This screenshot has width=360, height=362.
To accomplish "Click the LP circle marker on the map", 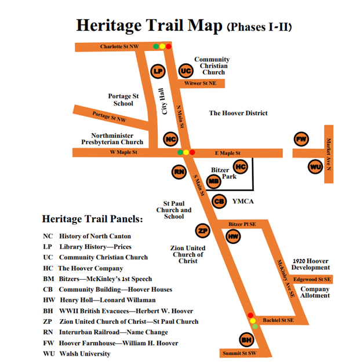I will pos(158,71).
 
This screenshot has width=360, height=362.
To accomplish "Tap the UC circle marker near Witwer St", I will pos(186,71).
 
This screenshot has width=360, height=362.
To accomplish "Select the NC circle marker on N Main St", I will pos(170,139).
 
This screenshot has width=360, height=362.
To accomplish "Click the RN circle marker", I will pos(179,171).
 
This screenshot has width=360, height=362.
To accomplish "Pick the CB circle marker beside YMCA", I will pos(219,202).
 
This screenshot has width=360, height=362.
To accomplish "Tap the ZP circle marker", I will pos(202,231).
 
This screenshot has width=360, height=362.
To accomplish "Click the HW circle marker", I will pos(232,236).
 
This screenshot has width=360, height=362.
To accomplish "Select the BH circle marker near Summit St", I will pos(246,340).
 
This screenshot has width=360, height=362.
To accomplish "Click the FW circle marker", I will pos(301,139).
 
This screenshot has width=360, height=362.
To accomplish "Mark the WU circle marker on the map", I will pos(315,167).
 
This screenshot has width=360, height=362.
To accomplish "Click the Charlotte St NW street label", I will pos(119,46).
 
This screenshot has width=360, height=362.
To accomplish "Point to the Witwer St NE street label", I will pos(200,83).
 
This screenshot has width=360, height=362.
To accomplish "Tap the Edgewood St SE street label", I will pos(312,279).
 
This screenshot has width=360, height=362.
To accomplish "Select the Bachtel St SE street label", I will pos(278,320).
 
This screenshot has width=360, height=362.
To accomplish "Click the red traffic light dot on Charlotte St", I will pos(169,46).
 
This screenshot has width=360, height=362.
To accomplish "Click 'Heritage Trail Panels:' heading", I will pos(92,220).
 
